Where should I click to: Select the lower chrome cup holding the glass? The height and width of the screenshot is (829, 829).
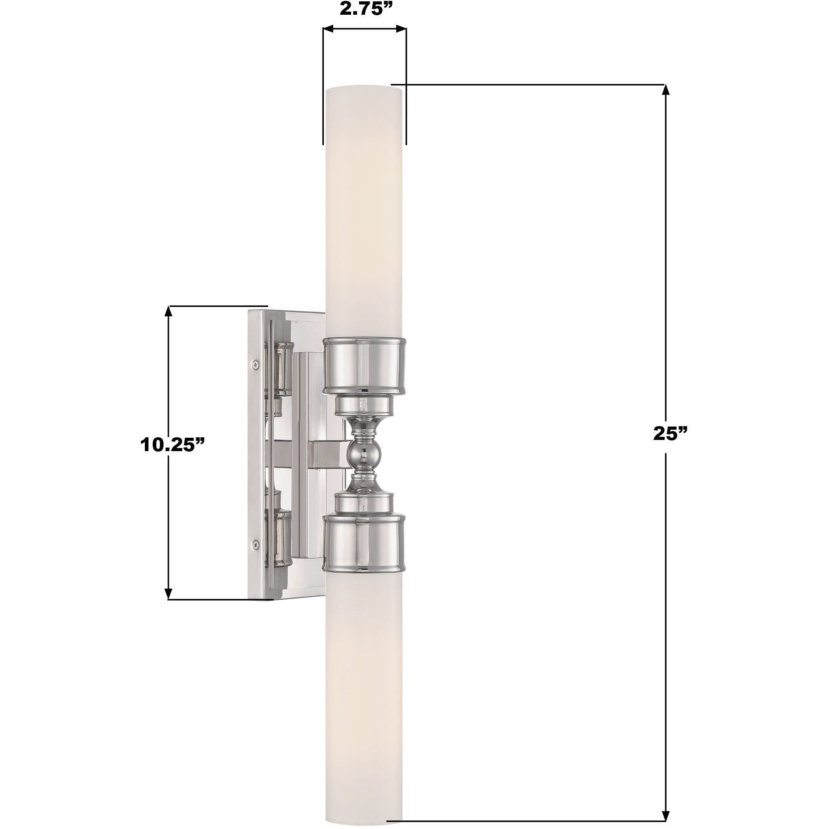click(x=364, y=543)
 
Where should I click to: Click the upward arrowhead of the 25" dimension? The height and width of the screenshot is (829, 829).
click(x=666, y=89)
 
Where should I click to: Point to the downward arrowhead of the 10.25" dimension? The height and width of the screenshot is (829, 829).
click(x=169, y=594)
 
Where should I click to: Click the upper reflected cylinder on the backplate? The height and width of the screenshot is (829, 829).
click(x=282, y=369)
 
